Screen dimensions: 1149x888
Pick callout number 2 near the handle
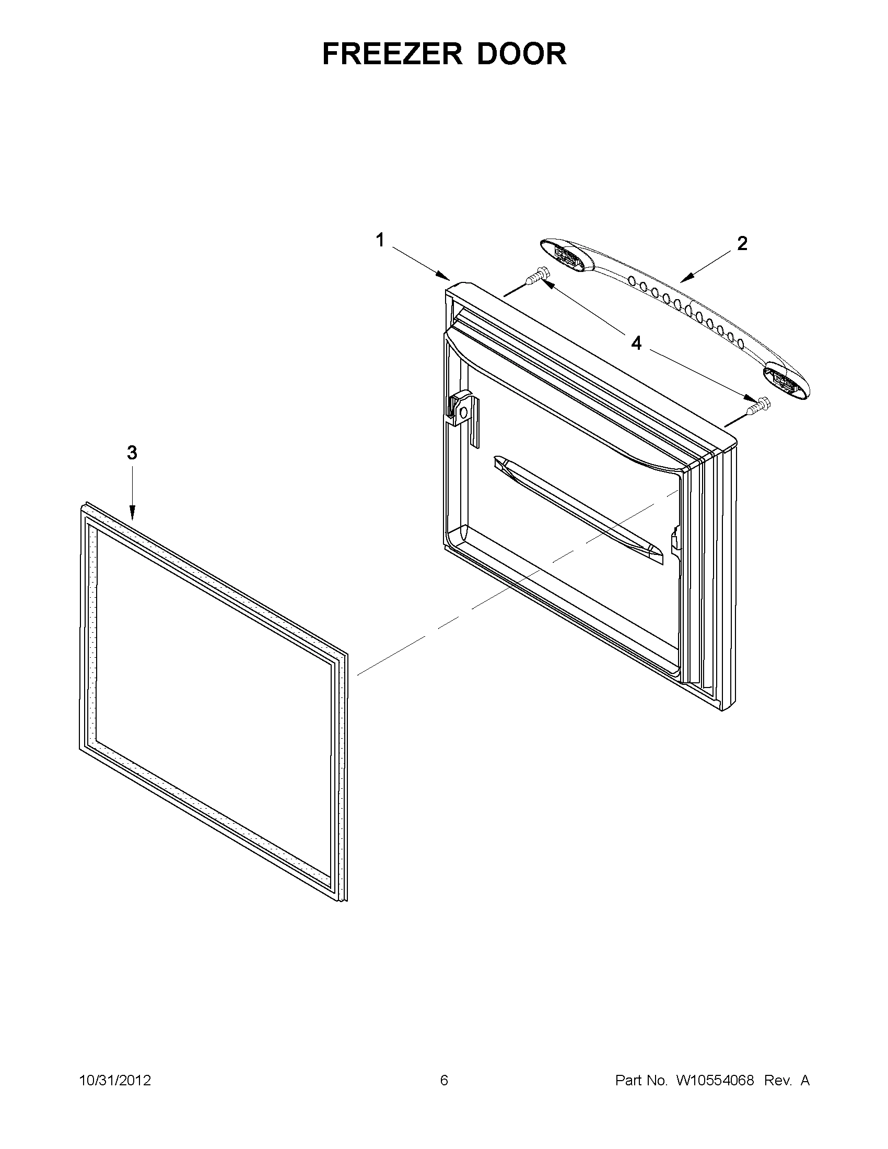(742, 244)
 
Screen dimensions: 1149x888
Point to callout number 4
(636, 343)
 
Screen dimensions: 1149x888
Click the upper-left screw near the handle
(538, 276)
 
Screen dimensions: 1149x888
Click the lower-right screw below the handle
(758, 404)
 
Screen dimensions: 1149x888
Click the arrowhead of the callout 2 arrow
(684, 279)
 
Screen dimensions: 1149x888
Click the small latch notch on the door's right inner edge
(674, 540)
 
